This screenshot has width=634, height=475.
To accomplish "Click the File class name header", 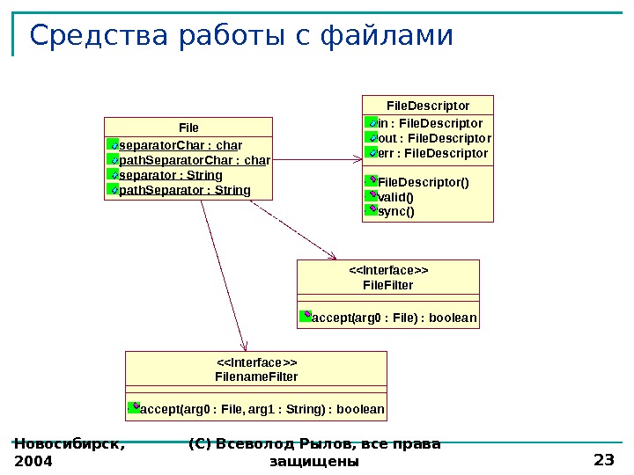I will tap(188, 128).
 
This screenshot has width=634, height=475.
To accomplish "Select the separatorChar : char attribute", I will tap(180, 145).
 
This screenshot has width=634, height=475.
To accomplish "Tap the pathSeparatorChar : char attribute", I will tap(194, 160).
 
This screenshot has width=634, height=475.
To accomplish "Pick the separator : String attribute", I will tap(170, 175).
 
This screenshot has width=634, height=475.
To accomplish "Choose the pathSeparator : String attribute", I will tap(184, 190).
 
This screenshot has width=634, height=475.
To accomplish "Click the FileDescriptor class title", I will tap(428, 106).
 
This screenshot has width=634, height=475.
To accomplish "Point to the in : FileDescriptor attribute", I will tap(430, 123).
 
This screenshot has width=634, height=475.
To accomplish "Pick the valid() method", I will tap(395, 197).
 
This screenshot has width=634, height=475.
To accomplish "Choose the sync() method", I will tap(395, 211).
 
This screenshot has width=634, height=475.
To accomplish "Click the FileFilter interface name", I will tap(388, 286).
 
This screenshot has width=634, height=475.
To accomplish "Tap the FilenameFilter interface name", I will tap(256, 376).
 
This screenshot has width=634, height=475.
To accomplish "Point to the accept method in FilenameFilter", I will tap(262, 410).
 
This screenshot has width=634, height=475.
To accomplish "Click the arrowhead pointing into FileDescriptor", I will tap(357, 159).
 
